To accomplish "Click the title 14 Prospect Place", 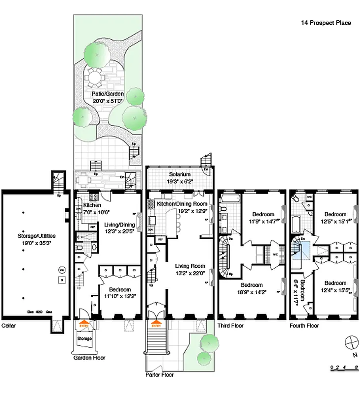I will [326, 23].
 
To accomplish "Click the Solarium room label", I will [180, 174].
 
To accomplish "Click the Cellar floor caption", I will [9, 325].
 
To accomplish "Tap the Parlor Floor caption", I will [160, 374].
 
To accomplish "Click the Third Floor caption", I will [230, 325].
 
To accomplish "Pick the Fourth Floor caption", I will [304, 325].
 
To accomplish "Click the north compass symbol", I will [351, 342].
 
